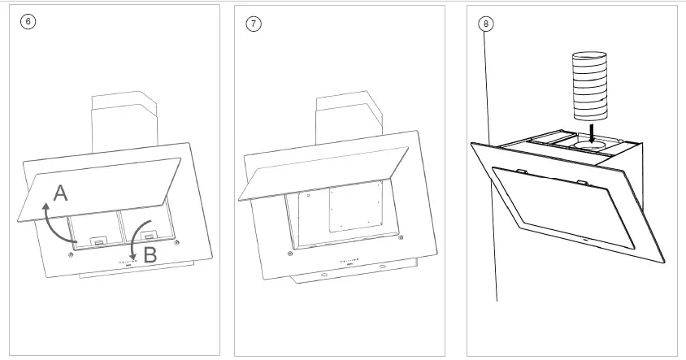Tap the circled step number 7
tap(254, 24)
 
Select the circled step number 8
tap(485, 24)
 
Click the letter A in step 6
tap(61, 193)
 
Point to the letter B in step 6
tap(150, 255)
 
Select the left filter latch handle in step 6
tap(97, 241)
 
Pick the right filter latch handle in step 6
tap(150, 236)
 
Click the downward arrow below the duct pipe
tap(593, 130)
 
